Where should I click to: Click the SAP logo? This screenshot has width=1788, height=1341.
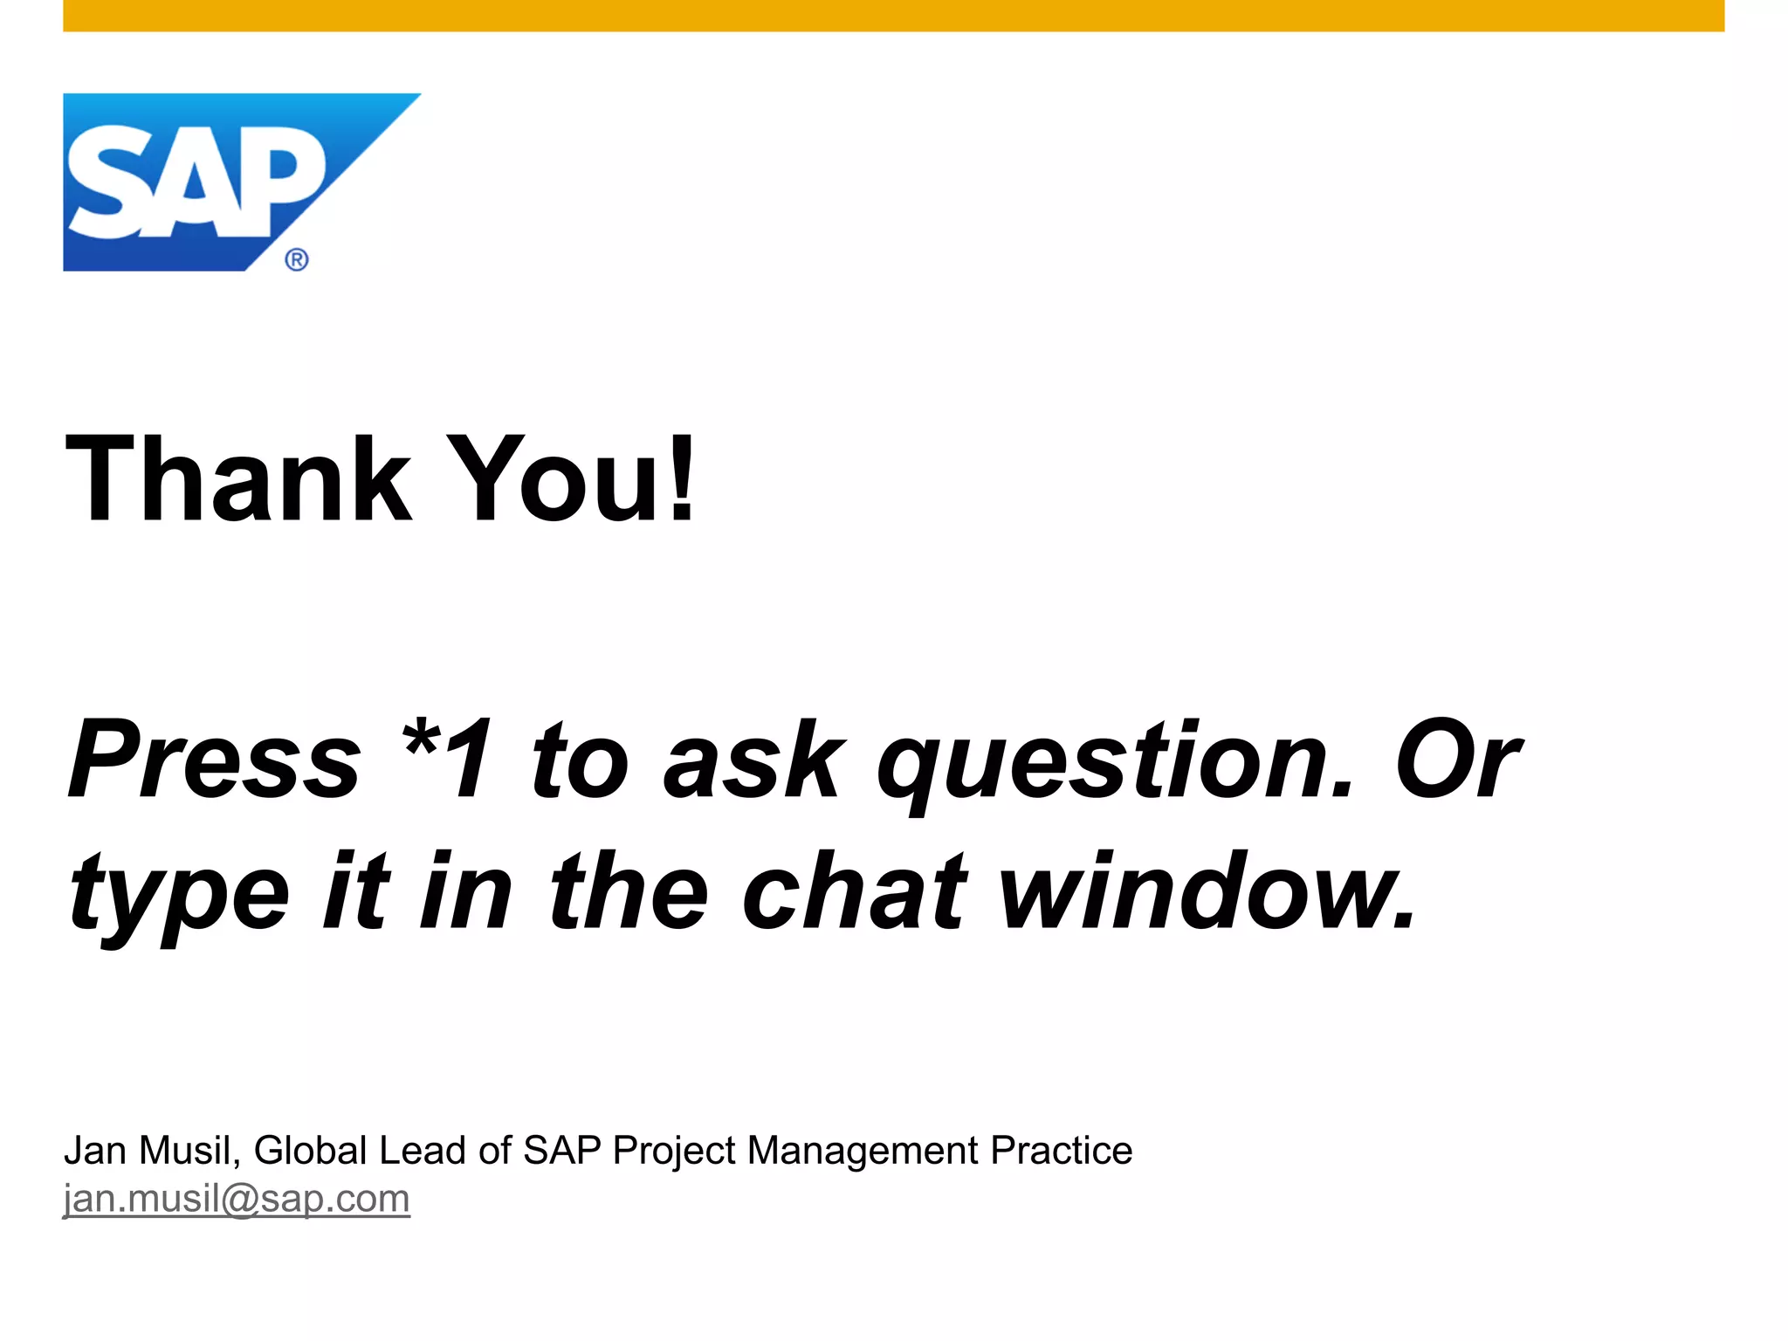pos(196,182)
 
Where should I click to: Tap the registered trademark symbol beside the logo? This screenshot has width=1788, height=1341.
pos(297,259)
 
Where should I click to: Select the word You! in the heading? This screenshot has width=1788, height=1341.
pos(573,480)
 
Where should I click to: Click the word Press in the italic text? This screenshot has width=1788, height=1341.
pos(215,759)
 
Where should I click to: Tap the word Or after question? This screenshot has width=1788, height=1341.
pos(1457,759)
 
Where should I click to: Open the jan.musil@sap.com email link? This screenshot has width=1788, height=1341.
pos(237,1199)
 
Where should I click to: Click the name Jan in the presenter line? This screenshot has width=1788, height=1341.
pos(95,1150)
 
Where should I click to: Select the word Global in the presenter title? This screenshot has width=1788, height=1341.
pos(311,1150)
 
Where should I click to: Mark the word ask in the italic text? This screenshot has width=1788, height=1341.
pos(754,759)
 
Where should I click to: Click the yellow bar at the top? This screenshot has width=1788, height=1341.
pos(893,16)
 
